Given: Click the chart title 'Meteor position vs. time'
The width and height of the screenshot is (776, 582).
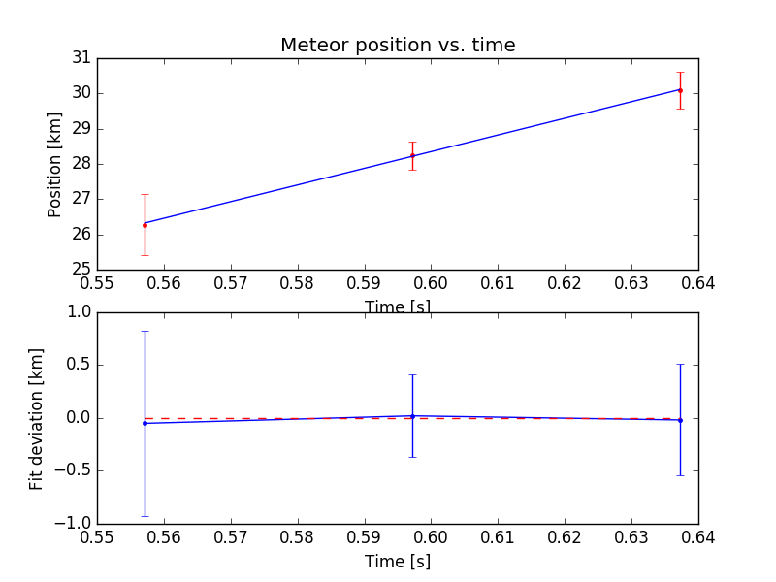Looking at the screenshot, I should (398, 45).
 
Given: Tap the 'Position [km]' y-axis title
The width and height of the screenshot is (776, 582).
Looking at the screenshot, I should (55, 164).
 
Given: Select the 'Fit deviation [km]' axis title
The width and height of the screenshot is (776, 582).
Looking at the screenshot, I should (36, 418).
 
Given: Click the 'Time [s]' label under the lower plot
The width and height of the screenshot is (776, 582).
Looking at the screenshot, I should (398, 562).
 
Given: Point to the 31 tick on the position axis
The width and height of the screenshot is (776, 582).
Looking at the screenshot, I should (81, 58).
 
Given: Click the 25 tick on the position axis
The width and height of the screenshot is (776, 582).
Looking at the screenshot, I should (81, 270).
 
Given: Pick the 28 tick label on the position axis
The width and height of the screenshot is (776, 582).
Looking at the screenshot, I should (81, 164).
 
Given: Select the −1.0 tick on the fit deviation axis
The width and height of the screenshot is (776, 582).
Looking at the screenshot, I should (76, 524).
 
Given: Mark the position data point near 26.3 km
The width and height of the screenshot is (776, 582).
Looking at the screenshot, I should (145, 224).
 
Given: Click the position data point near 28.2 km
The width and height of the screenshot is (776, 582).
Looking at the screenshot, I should (412, 155).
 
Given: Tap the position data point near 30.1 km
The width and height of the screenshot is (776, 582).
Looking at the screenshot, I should (680, 90).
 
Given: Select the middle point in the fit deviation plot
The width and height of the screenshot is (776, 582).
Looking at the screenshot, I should (412, 416).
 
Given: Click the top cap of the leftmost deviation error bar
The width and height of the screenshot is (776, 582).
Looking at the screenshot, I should (145, 332).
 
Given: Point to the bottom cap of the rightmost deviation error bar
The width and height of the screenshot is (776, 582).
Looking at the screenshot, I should (680, 475).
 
